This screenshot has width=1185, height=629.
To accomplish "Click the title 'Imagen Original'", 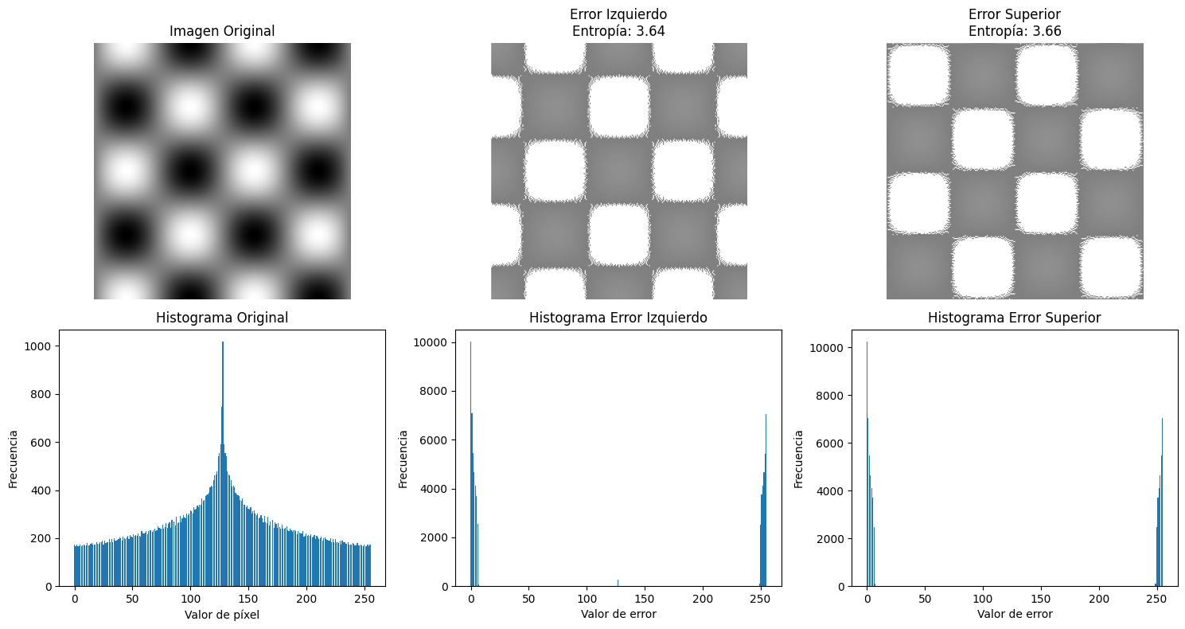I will click(x=222, y=32).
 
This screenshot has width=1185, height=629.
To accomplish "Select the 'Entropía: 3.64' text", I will click(x=618, y=32).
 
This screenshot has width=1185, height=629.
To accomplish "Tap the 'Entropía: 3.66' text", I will click(x=1015, y=32).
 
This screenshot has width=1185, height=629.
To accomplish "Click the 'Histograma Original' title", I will click(x=222, y=318).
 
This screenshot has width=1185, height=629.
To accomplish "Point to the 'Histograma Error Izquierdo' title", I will click(x=618, y=318).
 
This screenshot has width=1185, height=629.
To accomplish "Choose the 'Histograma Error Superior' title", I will click(x=1015, y=318).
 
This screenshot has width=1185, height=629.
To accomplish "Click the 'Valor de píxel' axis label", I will click(x=222, y=614).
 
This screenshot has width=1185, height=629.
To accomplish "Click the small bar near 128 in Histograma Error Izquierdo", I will click(x=618, y=582).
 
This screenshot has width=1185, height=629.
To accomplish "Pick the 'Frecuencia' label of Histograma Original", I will click(x=14, y=459).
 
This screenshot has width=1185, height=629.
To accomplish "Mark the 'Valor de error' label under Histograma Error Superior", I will click(x=1015, y=614).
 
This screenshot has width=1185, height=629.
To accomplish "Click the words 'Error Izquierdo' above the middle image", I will click(x=618, y=15).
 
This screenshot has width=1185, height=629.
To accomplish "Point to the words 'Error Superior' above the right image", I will click(x=1015, y=15).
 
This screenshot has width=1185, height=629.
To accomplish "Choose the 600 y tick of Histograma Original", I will click(x=41, y=443).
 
